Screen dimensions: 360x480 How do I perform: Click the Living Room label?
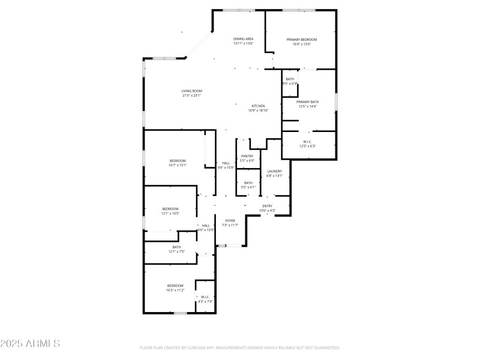pos(191,91)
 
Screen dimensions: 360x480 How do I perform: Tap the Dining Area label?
pos(243,39)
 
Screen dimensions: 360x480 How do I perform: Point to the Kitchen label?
pos(258,106)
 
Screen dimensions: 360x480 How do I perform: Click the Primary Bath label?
pos(307,102)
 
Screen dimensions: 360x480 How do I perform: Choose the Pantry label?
pos(247,156)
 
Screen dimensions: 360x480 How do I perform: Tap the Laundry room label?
pos(274,171)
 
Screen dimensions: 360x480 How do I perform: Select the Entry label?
pos(267,206)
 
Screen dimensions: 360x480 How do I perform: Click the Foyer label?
pos(230,221)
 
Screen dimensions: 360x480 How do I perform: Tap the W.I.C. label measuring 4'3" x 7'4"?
pos(205,297)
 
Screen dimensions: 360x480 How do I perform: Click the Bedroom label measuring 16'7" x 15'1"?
pos(178,161)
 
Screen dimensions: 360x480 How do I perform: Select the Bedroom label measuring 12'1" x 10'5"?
pos(170,209)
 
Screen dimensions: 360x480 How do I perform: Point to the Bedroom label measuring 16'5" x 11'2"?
pos(175,286)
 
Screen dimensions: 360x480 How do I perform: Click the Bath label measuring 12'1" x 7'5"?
pos(176,247)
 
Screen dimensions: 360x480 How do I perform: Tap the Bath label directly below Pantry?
pos(248,183)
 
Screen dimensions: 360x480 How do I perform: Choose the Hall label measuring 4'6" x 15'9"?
pos(226,163)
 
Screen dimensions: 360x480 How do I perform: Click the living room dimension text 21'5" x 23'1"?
pos(191,95)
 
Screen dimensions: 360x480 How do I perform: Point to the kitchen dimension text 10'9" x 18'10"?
pos(258,110)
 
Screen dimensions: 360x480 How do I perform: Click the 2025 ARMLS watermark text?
pos(30,344)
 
